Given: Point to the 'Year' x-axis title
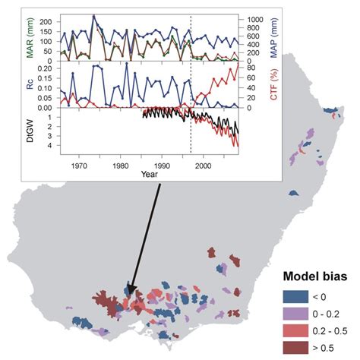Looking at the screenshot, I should pyautogui.click(x=150, y=174).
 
